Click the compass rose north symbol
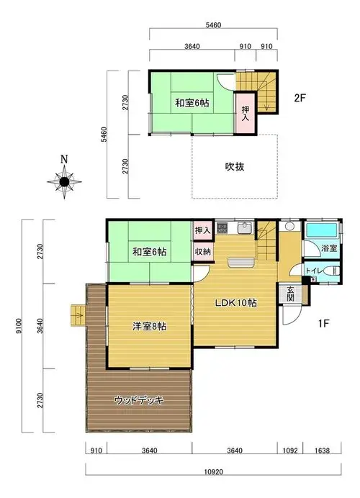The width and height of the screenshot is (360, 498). point(65,178)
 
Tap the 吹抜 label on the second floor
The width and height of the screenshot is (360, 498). point(235,167)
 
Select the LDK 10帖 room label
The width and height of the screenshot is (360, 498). point(235,303)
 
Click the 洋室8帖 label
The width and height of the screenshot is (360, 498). point(149,326)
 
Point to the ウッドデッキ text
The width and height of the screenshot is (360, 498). point(139,400)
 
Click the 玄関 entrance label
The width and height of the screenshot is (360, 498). point(290,294)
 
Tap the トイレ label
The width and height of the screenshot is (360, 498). point(314,271)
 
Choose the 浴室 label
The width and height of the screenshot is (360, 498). point(329,248)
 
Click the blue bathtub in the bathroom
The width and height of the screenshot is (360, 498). point(320,230)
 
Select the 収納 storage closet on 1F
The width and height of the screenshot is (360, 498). point(203,252)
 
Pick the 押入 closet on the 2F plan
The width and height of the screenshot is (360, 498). point(245,114)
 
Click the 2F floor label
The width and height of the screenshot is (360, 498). point(300,98)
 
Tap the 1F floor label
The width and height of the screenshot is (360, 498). point(323,323)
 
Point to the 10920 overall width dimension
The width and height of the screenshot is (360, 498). point(214,472)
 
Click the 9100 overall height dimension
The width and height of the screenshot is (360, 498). point(19,326)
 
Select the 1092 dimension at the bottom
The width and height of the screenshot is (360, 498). point(290,451)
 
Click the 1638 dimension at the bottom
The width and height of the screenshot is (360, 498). point(322,451)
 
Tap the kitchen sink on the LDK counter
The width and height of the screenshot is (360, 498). point(245,227)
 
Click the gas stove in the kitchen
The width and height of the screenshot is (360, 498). point(222,227)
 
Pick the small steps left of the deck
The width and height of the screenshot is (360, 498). point(78,315)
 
